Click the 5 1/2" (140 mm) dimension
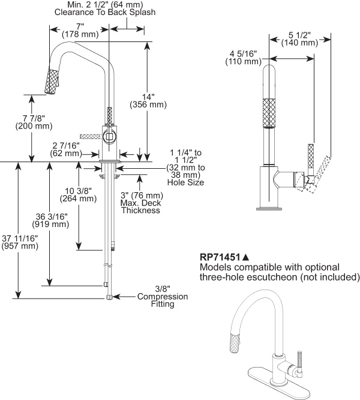299,38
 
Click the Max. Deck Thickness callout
142,202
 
